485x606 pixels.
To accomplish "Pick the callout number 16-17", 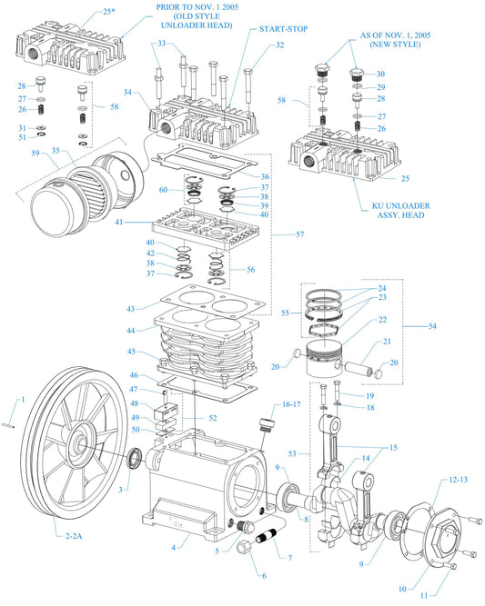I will click(x=292, y=403).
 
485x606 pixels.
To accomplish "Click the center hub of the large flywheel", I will click(x=80, y=446).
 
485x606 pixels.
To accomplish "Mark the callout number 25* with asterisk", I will click(x=109, y=12).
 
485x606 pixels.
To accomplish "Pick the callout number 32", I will click(x=280, y=45).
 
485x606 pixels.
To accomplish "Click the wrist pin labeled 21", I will click(x=359, y=367).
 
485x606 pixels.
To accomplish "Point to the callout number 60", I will click(x=163, y=190).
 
